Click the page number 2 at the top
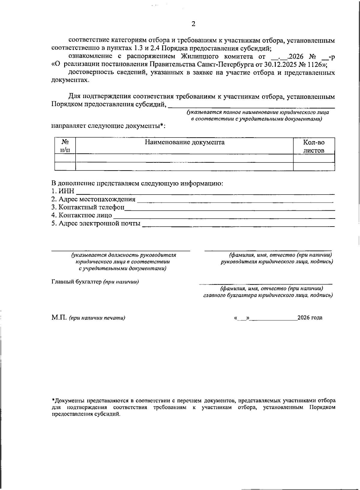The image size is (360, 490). point(193,24)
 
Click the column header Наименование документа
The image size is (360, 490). point(184,142)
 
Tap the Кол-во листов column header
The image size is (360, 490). point(314,146)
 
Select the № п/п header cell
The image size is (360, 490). point(65,146)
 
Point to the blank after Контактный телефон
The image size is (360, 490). point(229,208)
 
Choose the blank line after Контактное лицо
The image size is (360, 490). point(223,216)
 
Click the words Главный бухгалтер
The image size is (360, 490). point(77,282)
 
